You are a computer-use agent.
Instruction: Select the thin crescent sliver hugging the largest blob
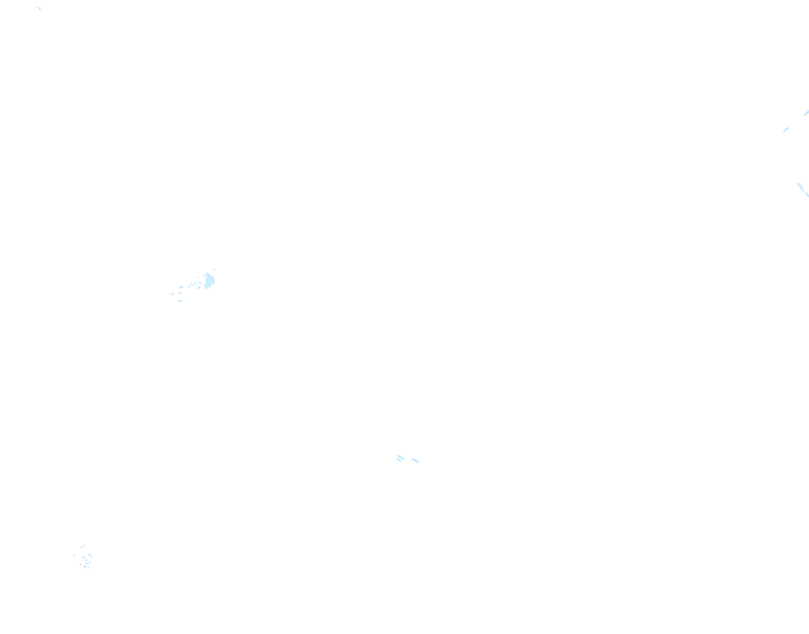click(x=205, y=276)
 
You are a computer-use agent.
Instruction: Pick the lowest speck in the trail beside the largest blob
click(x=180, y=301)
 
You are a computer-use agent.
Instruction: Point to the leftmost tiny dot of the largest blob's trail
click(x=169, y=294)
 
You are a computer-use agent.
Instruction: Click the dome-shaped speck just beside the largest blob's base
click(x=199, y=287)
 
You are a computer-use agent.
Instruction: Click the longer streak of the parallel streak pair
click(x=401, y=457)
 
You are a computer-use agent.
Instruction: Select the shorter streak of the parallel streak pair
click(x=399, y=460)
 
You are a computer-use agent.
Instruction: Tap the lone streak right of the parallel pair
click(x=415, y=460)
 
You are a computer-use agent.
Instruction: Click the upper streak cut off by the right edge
click(x=806, y=113)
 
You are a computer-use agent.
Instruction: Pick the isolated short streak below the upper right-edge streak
click(x=786, y=130)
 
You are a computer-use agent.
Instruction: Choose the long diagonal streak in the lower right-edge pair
click(x=801, y=187)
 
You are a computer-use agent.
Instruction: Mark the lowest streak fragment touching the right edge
click(x=807, y=195)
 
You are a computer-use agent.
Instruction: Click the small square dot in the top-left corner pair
click(x=36, y=7)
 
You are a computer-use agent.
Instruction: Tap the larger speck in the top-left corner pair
click(x=40, y=8)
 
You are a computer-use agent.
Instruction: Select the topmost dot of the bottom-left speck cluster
click(x=84, y=545)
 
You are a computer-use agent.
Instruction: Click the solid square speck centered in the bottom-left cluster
click(x=84, y=557)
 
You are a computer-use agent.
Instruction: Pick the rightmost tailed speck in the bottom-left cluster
click(x=90, y=555)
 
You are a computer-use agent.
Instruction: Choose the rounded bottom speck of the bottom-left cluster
click(x=85, y=567)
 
